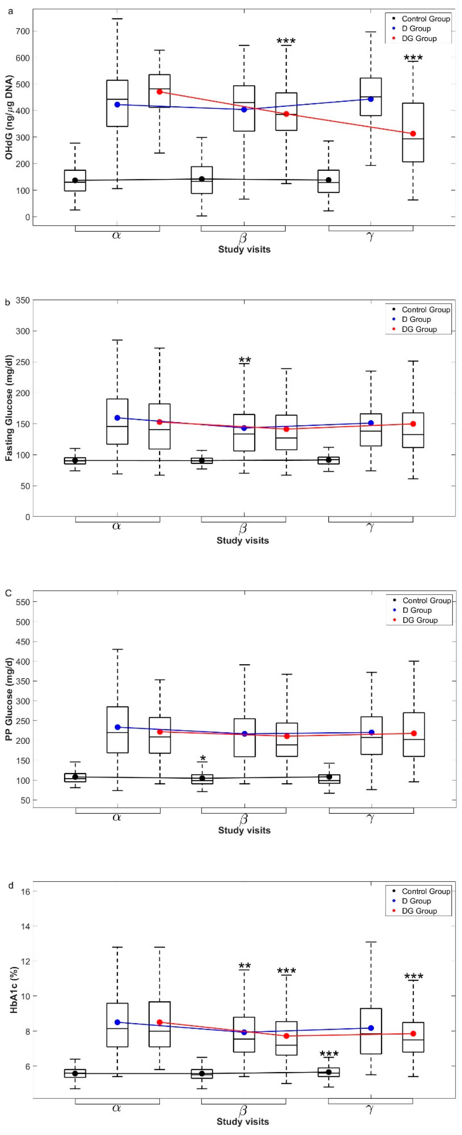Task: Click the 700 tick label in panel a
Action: tap(21, 31)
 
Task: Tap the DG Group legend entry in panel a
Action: tap(419, 38)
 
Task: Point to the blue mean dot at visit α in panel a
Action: tap(117, 104)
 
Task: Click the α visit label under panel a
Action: tap(117, 235)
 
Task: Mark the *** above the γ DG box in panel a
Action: tap(413, 58)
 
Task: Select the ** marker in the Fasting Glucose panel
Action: tap(245, 360)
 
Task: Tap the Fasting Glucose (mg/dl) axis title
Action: tap(9, 407)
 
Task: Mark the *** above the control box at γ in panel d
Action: tap(329, 1054)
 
